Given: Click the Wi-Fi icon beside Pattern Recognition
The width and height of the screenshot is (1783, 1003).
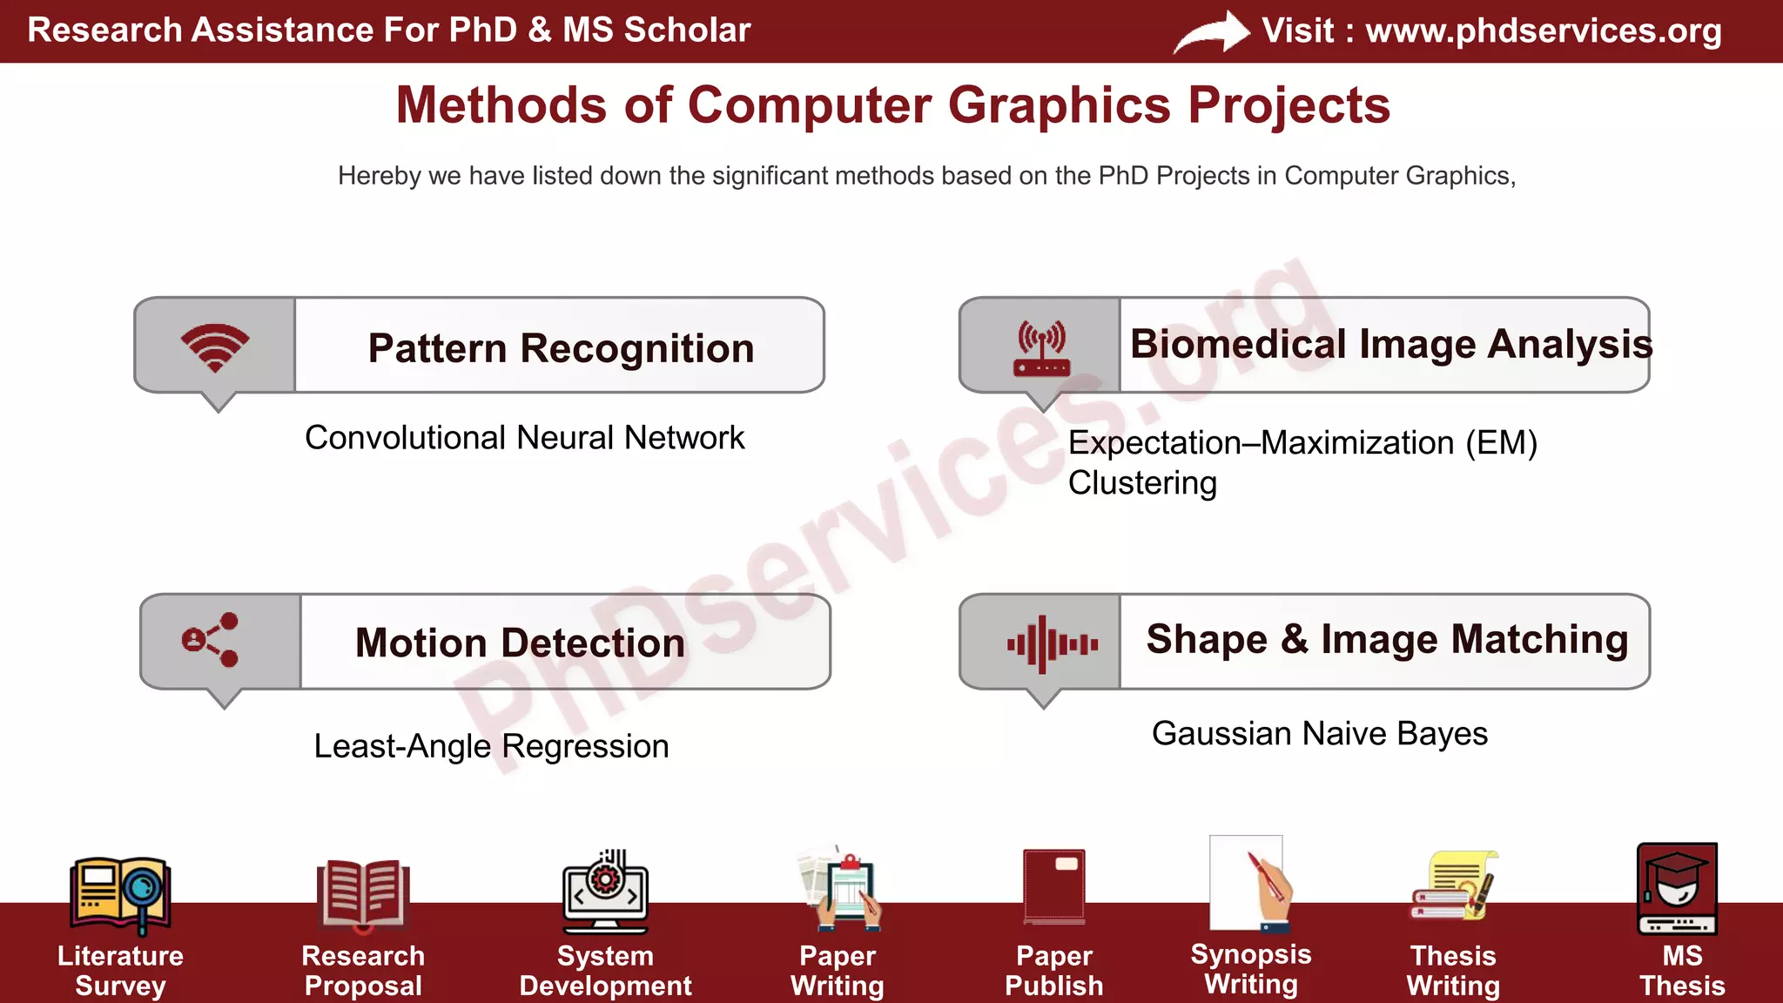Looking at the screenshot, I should pyautogui.click(x=215, y=347).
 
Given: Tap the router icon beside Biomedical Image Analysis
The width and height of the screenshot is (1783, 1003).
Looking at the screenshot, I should pyautogui.click(x=1041, y=348).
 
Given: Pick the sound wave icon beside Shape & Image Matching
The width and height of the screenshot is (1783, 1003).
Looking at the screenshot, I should pyautogui.click(x=1052, y=644).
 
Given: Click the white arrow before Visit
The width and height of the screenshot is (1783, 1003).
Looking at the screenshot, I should pyautogui.click(x=1213, y=32).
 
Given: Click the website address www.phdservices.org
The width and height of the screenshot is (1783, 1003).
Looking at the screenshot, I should pyautogui.click(x=1543, y=30).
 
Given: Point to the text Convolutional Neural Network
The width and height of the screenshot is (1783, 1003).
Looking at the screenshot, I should pyautogui.click(x=524, y=437).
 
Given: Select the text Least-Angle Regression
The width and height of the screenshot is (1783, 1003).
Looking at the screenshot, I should pyautogui.click(x=491, y=746).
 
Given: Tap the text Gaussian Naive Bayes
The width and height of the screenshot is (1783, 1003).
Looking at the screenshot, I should pyautogui.click(x=1319, y=733).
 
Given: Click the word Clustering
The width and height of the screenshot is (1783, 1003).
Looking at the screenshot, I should pyautogui.click(x=1142, y=482).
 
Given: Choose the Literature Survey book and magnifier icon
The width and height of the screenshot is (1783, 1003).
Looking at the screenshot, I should pyautogui.click(x=120, y=892).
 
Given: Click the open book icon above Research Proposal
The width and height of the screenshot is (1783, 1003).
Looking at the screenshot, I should pyautogui.click(x=362, y=892).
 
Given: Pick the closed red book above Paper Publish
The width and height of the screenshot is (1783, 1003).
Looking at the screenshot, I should pyautogui.click(x=1054, y=885).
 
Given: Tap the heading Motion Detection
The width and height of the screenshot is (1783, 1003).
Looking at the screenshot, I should pyautogui.click(x=520, y=643).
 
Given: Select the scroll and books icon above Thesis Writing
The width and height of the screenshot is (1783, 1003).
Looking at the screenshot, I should pyautogui.click(x=1452, y=886).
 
